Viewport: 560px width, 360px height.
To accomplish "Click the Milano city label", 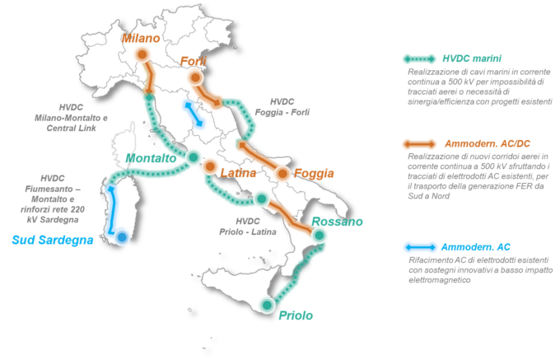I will (141, 38).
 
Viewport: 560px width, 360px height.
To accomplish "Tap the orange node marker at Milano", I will (142, 55).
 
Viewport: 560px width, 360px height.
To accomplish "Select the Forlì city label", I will (194, 60).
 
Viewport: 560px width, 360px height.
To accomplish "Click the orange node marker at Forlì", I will (196, 77).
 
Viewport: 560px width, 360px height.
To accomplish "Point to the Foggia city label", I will (316, 173).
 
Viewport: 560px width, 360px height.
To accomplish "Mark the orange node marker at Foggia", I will (284, 173).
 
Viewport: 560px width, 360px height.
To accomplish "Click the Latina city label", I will (240, 174).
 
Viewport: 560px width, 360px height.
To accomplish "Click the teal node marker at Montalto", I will (193, 157).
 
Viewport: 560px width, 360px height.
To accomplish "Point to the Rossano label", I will (338, 222).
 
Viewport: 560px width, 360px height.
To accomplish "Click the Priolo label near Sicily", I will (295, 315).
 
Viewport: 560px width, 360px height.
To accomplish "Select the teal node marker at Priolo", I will (266, 306).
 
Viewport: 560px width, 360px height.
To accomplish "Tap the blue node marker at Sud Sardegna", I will (122, 238).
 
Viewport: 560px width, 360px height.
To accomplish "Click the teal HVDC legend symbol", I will (418, 59).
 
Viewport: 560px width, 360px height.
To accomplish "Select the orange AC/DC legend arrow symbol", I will (418, 143).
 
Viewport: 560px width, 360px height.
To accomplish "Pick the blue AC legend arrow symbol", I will (418, 247).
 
